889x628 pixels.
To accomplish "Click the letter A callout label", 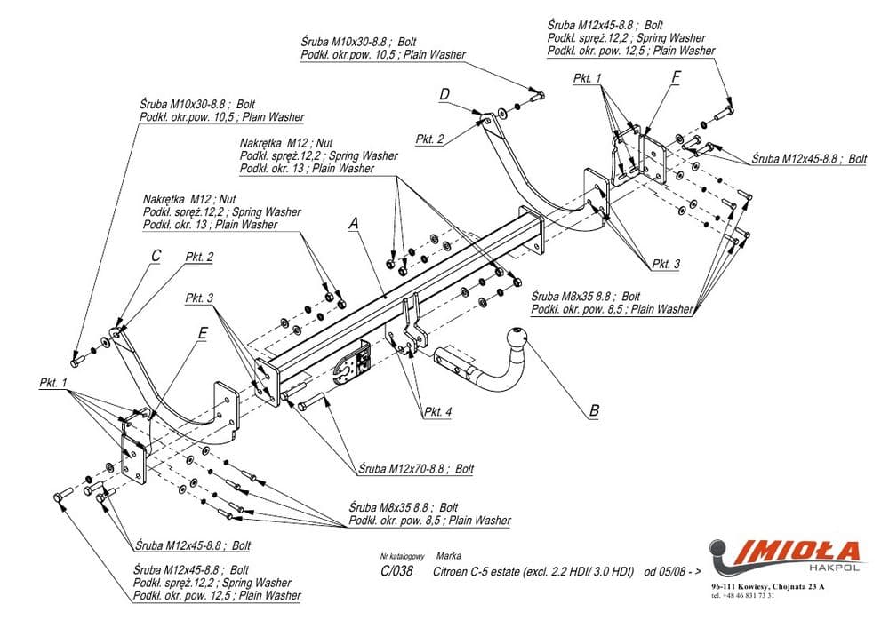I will (353, 225).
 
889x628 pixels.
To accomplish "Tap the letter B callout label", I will (594, 411).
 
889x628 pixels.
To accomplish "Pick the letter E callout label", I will (203, 333).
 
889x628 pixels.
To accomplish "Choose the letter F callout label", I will (676, 77).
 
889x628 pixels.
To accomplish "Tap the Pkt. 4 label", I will (438, 411).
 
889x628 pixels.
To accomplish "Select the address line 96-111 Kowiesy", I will (767, 587).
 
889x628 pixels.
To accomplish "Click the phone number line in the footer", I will (743, 596).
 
